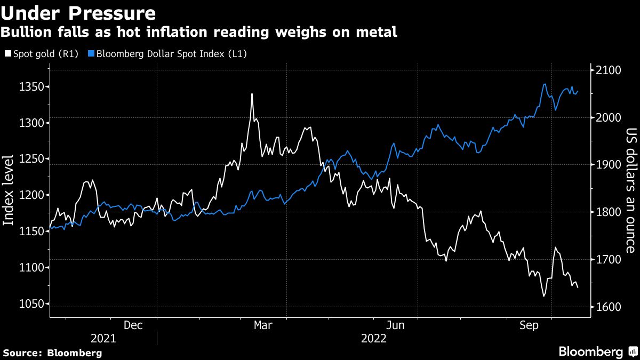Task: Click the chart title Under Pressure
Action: [78, 12]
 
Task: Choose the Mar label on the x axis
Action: [263, 325]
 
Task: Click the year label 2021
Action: [103, 339]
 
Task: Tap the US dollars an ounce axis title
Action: [630, 189]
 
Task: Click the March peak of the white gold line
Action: [252, 94]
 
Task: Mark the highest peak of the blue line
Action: [544, 84]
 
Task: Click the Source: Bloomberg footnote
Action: [52, 353]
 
